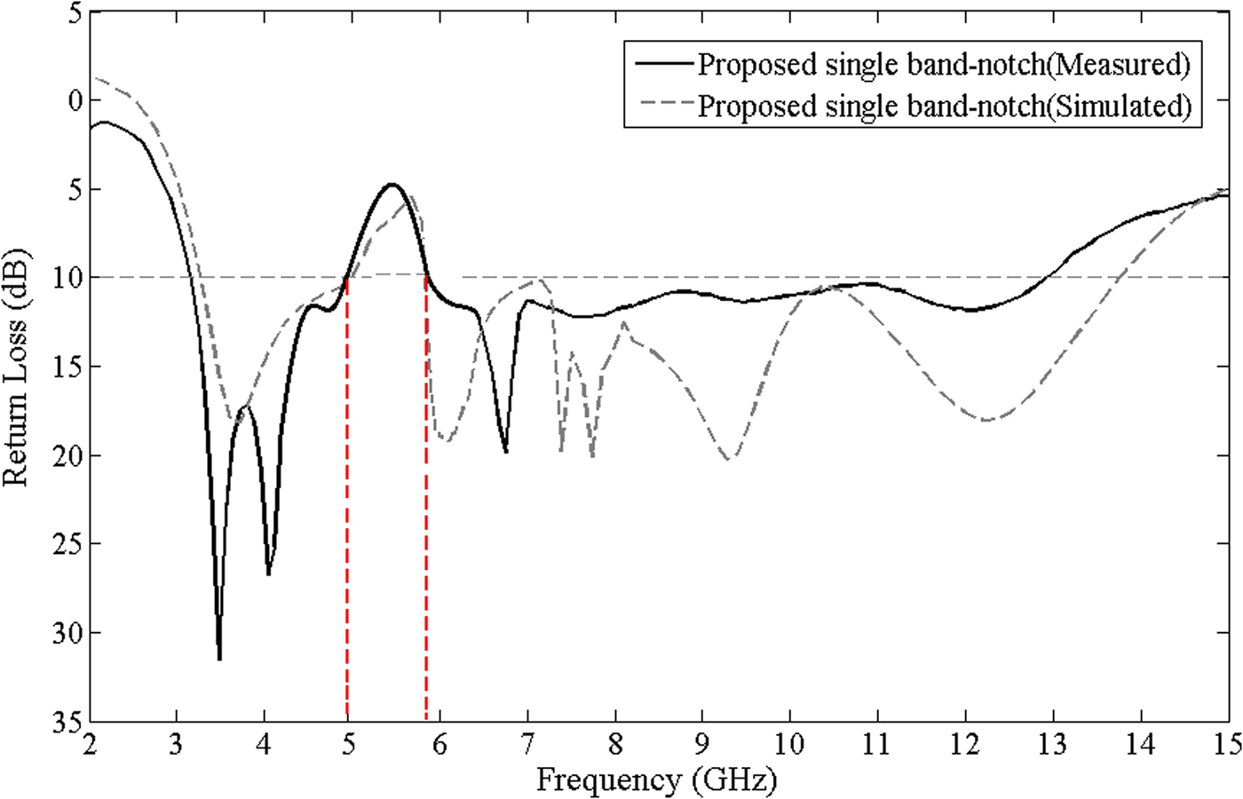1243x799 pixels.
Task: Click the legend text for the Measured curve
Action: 943,64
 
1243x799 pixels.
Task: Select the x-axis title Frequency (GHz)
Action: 656,781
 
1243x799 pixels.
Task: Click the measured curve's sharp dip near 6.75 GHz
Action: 506,452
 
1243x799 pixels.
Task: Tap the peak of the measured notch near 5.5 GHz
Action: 392,185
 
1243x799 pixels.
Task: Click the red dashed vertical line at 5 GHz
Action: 347,497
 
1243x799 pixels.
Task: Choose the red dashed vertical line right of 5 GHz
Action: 427,497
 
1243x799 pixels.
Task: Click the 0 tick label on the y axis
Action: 75,100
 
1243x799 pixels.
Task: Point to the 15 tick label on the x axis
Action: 1225,743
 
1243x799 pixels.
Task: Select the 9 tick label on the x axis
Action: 702,743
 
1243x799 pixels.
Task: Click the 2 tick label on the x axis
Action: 90,743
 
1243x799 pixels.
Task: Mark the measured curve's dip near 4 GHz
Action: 268,574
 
